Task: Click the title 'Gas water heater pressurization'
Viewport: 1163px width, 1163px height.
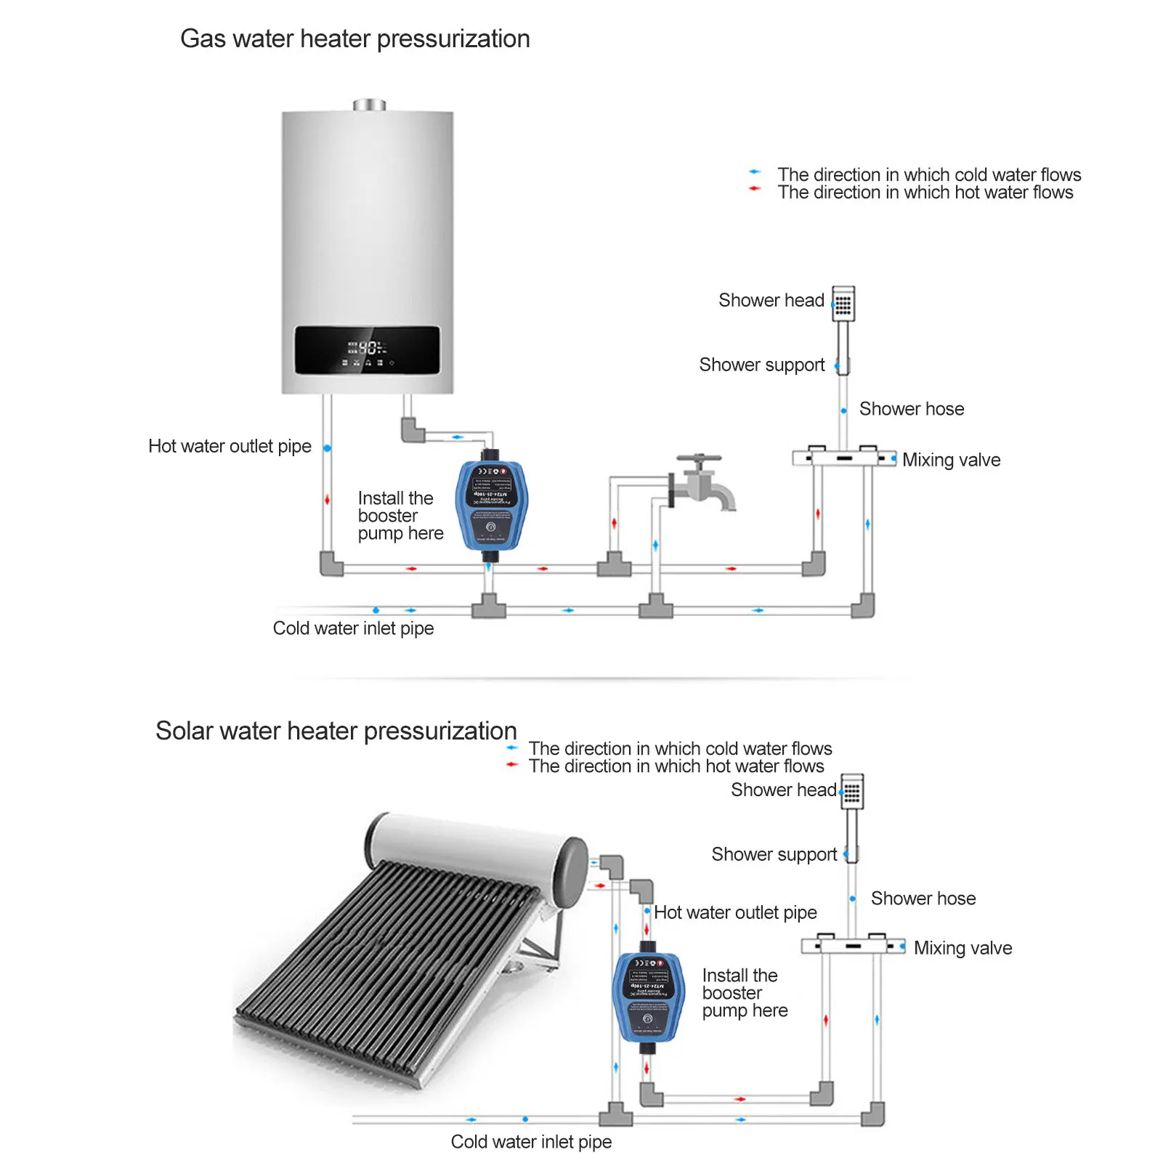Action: pyautogui.click(x=354, y=39)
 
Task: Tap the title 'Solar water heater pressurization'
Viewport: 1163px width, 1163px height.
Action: pyautogui.click(x=336, y=731)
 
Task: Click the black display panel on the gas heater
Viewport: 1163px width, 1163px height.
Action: pyautogui.click(x=367, y=350)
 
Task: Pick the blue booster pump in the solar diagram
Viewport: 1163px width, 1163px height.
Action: pyautogui.click(x=649, y=996)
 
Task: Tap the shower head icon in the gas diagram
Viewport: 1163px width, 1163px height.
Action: pyautogui.click(x=843, y=304)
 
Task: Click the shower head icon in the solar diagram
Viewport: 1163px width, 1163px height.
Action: pyautogui.click(x=852, y=792)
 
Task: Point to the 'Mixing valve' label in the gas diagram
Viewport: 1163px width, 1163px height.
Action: pyautogui.click(x=951, y=460)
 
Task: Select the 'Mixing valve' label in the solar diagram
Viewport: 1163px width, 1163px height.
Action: pyautogui.click(x=963, y=948)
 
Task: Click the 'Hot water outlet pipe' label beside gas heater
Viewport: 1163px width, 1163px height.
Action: pyautogui.click(x=230, y=446)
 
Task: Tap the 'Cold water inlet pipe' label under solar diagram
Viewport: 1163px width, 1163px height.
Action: pyautogui.click(x=531, y=1142)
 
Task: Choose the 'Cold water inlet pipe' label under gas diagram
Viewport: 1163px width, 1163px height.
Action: pyautogui.click(x=353, y=628)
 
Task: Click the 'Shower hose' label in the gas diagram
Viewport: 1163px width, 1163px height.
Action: pyautogui.click(x=912, y=409)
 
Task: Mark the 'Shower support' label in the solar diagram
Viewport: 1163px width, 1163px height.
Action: pyautogui.click(x=774, y=854)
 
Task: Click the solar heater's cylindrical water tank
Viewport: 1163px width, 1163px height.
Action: pyautogui.click(x=476, y=850)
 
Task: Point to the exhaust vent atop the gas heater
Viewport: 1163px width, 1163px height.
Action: pyautogui.click(x=369, y=105)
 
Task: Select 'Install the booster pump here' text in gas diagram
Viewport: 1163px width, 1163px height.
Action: pyautogui.click(x=400, y=516)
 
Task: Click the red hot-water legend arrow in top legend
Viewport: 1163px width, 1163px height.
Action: pyautogui.click(x=755, y=189)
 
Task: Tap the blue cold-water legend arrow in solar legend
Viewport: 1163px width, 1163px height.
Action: pyautogui.click(x=512, y=747)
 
